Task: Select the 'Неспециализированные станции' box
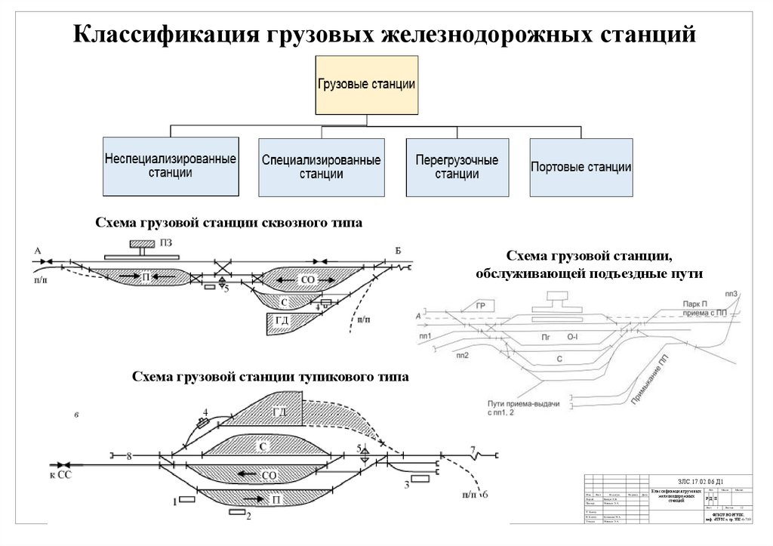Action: point(171,166)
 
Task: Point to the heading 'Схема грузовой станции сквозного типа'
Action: point(229,223)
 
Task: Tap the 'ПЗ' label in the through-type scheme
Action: point(167,242)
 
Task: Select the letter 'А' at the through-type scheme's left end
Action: point(37,250)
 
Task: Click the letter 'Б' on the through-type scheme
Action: point(398,250)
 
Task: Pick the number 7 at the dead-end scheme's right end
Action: point(473,450)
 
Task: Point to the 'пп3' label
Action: point(730,293)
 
